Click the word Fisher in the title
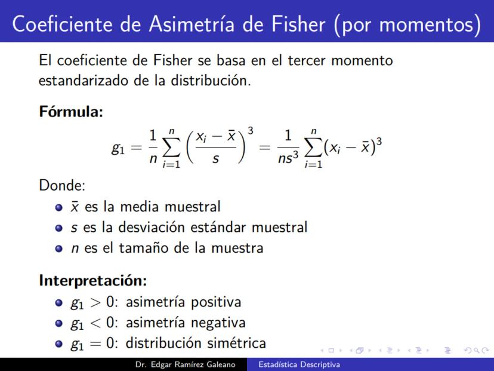click(x=298, y=24)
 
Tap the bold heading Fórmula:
click(x=71, y=111)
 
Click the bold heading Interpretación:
click(x=93, y=280)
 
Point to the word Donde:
click(x=62, y=185)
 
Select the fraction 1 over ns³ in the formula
click(x=288, y=148)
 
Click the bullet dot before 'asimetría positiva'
click(x=58, y=303)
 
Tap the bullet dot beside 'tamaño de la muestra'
click(x=58, y=249)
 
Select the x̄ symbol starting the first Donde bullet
click(x=75, y=207)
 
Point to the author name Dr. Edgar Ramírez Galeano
click(x=185, y=364)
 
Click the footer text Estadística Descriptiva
click(x=300, y=364)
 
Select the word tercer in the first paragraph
click(x=306, y=60)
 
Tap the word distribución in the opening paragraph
click(x=211, y=81)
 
